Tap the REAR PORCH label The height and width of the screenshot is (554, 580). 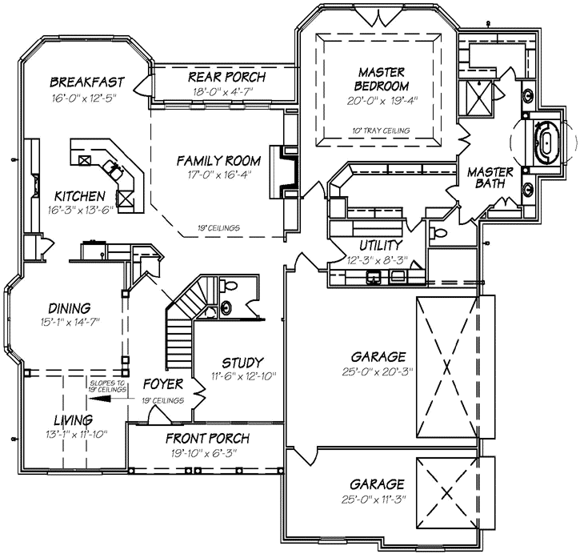point(226,77)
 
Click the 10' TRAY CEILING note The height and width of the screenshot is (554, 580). point(380,130)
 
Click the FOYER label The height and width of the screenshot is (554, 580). point(163,383)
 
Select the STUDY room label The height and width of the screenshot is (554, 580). point(243,363)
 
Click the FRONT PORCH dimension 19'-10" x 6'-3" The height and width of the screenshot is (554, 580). point(206,453)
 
